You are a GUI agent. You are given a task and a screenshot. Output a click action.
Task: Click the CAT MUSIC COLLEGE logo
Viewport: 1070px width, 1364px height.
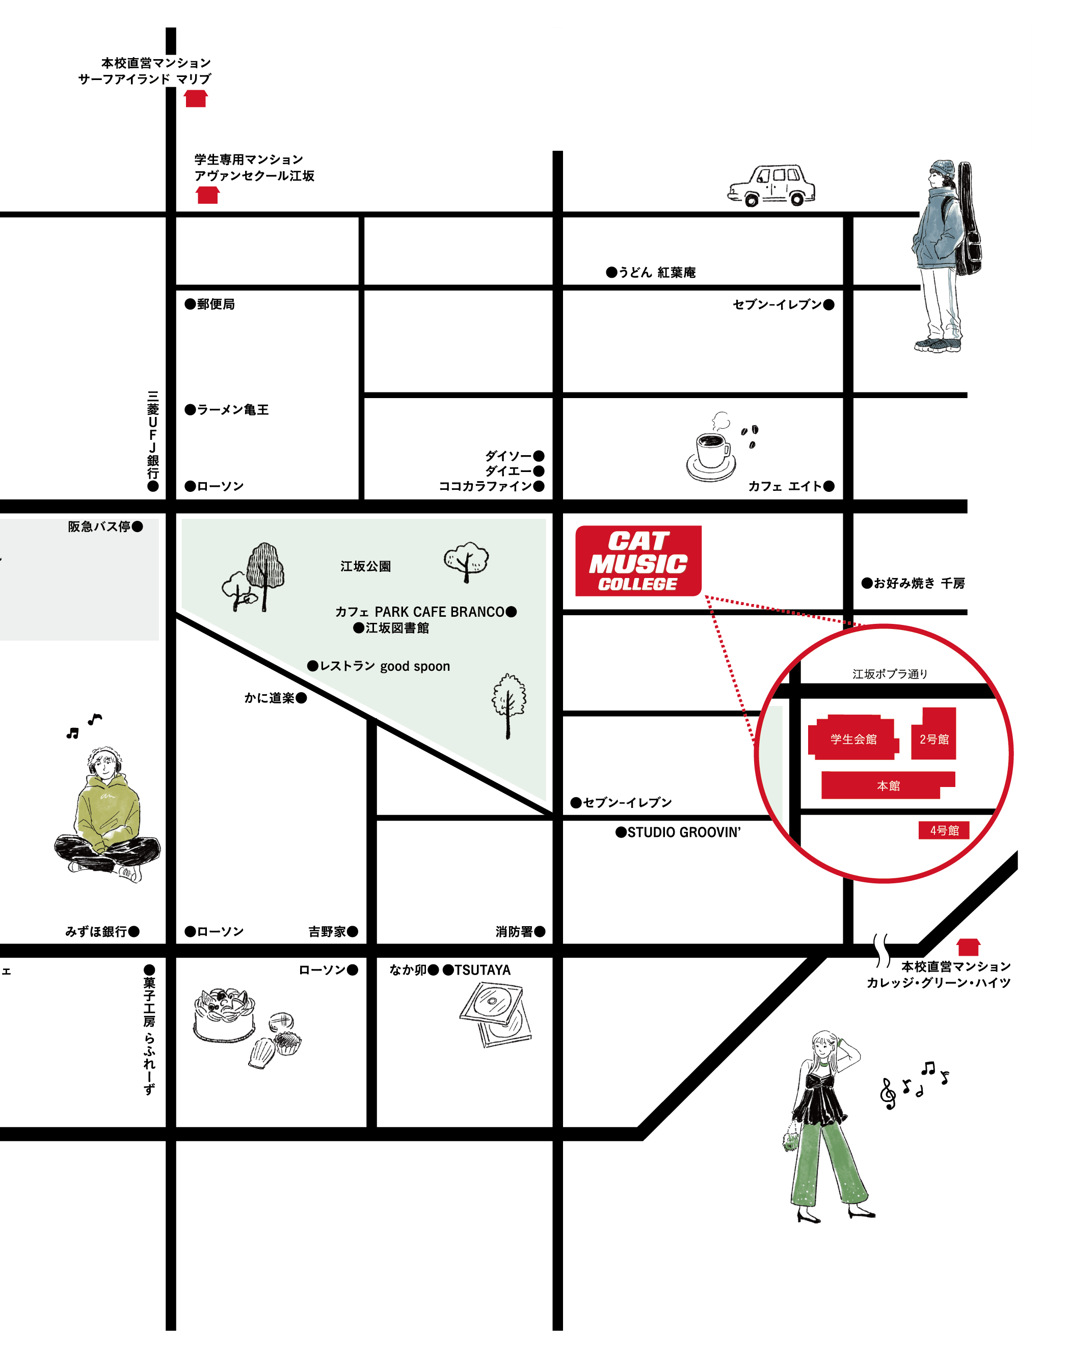tap(638, 561)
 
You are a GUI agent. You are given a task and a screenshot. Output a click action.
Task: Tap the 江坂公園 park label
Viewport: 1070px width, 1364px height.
tap(365, 566)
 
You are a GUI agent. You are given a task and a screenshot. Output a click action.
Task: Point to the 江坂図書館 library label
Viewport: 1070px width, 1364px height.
tap(397, 628)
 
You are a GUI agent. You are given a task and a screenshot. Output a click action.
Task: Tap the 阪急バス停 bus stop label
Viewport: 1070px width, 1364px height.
tap(99, 527)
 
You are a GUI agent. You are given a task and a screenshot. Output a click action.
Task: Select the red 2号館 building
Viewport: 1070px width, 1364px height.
tap(933, 735)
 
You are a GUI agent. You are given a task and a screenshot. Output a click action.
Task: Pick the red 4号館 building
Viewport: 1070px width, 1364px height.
tap(944, 830)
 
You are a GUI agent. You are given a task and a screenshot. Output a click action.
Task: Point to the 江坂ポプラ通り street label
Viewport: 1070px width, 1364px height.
tap(890, 674)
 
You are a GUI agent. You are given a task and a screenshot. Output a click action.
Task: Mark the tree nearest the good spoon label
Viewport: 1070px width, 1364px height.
tap(508, 705)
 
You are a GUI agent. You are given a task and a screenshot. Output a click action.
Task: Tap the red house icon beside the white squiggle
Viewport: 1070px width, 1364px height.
tap(968, 948)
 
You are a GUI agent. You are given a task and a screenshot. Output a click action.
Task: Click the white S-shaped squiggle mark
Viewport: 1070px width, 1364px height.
tap(882, 951)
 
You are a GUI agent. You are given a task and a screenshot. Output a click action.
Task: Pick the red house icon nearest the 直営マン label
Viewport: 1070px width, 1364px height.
tap(196, 99)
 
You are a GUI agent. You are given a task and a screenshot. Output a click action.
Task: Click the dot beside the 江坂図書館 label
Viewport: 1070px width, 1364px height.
tap(358, 628)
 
